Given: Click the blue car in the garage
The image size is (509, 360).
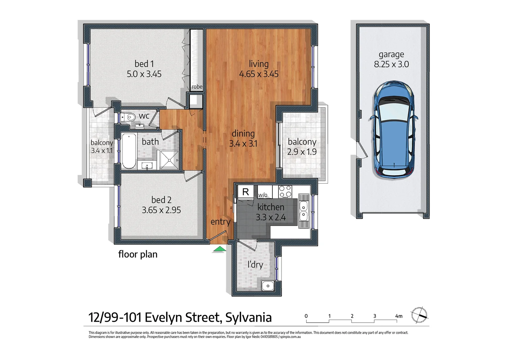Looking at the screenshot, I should click(x=393, y=130).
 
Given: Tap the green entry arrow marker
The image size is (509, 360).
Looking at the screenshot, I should click(x=219, y=249).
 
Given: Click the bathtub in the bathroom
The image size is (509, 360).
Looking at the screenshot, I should click(x=129, y=151).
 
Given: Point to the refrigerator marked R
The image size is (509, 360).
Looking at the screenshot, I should click(x=246, y=192).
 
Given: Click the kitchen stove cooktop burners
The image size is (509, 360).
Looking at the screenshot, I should click(x=285, y=192).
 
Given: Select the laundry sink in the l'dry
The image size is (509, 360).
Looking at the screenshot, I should click(x=267, y=286).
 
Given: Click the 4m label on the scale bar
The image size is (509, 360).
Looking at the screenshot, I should click(x=398, y=316).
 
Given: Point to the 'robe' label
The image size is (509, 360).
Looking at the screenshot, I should click(x=197, y=87).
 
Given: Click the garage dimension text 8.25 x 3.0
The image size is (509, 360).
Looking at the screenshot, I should click(x=391, y=64).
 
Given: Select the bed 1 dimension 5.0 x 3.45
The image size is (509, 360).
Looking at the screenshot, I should click(x=144, y=74).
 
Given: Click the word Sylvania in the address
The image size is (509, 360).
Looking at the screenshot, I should click(x=249, y=317).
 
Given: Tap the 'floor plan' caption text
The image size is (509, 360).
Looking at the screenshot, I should click(x=138, y=254).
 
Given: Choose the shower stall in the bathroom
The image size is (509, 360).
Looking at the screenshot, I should click(x=169, y=160).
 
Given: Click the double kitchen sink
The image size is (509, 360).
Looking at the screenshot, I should click(x=303, y=211).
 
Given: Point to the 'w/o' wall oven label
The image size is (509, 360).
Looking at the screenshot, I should click(x=263, y=195).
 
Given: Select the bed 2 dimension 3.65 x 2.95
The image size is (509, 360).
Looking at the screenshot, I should click(x=161, y=210).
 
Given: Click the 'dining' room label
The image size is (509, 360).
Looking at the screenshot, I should click(x=243, y=134).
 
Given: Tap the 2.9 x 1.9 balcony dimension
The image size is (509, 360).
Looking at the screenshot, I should click(x=302, y=152).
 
